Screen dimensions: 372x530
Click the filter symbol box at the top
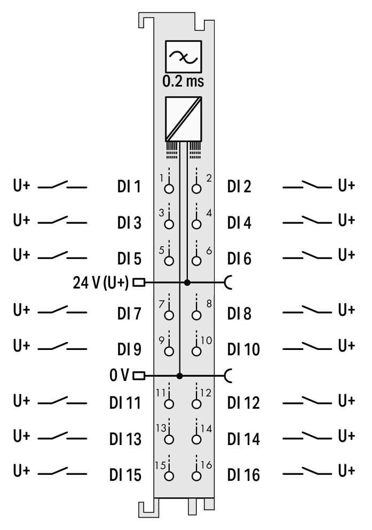(x=183, y=57)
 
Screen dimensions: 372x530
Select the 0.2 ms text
(x=183, y=81)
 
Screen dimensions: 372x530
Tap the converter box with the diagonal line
(x=183, y=119)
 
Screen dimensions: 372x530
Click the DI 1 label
(x=129, y=186)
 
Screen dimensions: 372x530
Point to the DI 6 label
(x=239, y=259)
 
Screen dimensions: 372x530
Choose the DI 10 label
(x=243, y=349)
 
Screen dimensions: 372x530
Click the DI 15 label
(x=125, y=475)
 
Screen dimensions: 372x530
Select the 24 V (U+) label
(x=100, y=282)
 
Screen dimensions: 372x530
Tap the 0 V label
(x=119, y=375)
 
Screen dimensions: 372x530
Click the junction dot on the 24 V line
(x=187, y=282)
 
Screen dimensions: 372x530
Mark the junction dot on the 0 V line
(x=179, y=376)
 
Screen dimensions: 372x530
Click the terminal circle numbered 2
(x=196, y=188)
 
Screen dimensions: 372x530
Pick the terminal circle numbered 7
(x=169, y=315)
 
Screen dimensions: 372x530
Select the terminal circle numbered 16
(x=196, y=476)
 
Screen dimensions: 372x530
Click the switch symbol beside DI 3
(x=62, y=220)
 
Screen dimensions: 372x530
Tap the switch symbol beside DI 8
(x=307, y=310)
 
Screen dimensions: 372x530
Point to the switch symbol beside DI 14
(x=307, y=436)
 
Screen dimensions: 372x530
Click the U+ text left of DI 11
(x=21, y=401)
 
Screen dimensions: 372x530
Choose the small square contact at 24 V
(x=139, y=282)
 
